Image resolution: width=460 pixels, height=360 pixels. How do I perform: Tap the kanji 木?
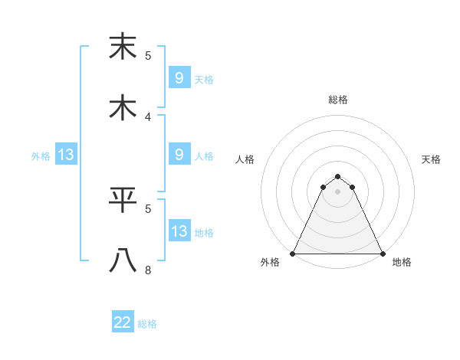coord(123,107)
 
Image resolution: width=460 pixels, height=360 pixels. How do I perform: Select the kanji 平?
coord(123,200)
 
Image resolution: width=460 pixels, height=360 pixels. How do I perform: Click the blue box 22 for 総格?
coord(123,322)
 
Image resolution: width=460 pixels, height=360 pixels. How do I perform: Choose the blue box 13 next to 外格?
coord(66,155)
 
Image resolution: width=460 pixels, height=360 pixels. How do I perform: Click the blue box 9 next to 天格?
coord(179,78)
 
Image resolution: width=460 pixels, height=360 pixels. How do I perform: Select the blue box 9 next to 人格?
coord(179,155)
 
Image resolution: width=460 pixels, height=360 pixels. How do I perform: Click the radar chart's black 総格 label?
coord(337,100)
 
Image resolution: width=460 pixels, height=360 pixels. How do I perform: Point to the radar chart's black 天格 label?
coord(432,159)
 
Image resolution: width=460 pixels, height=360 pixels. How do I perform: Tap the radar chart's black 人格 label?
coord(245,159)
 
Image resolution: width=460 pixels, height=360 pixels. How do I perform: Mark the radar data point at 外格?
coord(293,253)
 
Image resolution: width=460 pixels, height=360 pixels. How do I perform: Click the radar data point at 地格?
coord(382,253)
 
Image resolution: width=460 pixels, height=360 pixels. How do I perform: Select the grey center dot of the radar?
coord(337,191)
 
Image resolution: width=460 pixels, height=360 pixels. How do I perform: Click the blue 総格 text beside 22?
coord(147,324)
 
